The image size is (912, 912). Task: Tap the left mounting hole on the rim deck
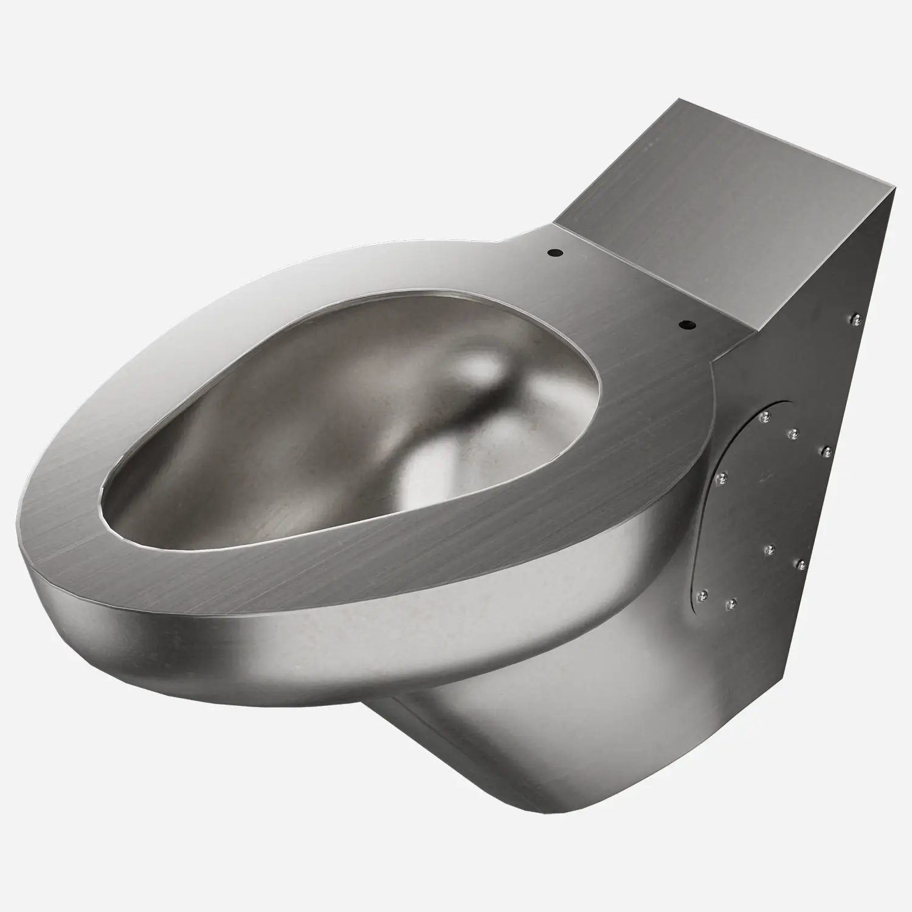pos(555,251)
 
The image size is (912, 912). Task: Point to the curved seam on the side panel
pos(699,517)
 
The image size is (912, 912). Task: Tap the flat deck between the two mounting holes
pos(620,289)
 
